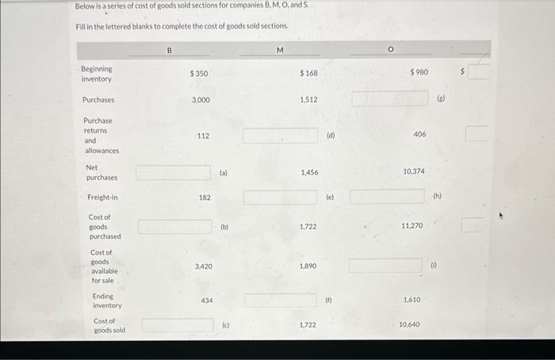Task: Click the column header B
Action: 169,51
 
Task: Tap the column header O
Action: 390,50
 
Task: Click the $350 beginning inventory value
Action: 199,74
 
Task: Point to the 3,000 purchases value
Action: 201,101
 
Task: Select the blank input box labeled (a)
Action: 173,172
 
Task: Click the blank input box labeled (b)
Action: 174,227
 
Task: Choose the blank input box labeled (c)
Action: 177,325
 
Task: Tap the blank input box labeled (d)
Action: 280,136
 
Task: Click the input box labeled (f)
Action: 280,301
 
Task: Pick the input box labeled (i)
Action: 385,266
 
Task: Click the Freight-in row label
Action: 101,197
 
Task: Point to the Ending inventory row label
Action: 107,301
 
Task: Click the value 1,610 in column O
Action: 411,301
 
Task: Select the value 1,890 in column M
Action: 308,266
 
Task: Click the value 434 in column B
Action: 206,301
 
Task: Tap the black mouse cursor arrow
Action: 501,214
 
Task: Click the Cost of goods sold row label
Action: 109,325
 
